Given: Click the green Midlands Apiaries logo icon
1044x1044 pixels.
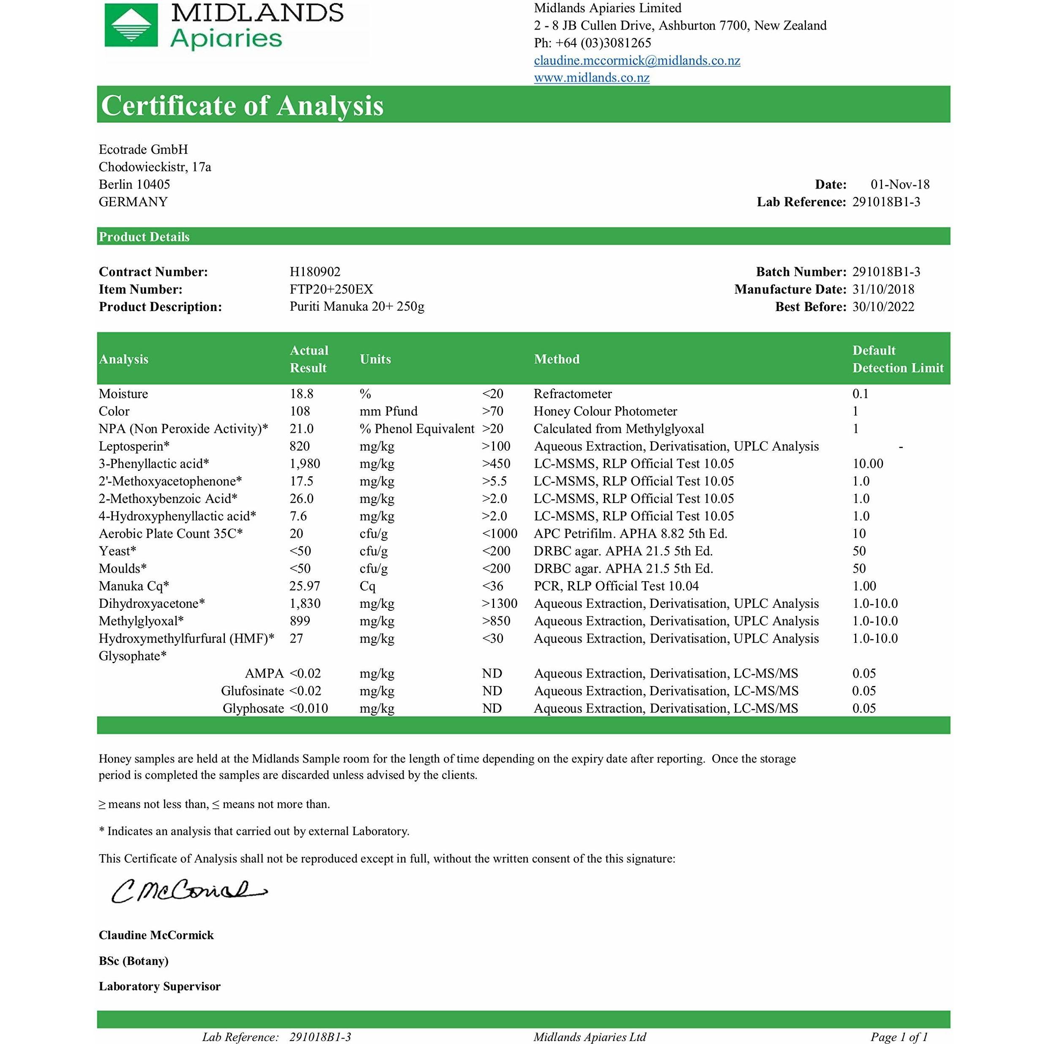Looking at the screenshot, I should click(x=131, y=25).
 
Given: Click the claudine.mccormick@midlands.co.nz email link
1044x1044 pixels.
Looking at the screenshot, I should click(x=637, y=60).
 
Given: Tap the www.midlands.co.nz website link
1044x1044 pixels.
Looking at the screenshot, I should click(x=591, y=78).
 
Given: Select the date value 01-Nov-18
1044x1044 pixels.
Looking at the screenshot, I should click(x=900, y=185).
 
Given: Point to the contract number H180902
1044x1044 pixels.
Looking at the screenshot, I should click(x=315, y=272).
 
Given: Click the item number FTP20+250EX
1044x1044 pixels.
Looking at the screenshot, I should click(x=331, y=290).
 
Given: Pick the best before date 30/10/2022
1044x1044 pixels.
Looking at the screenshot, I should click(x=883, y=307).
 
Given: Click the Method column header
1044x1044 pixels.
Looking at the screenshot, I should click(x=557, y=359).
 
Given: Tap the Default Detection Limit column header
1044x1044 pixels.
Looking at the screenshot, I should click(x=898, y=359).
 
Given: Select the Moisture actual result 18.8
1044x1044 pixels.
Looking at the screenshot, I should click(x=301, y=394).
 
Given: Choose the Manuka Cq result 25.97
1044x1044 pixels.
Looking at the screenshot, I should click(x=305, y=586).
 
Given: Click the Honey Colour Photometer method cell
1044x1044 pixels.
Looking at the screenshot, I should click(x=605, y=412).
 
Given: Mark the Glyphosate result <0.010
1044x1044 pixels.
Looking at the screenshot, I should click(x=309, y=708).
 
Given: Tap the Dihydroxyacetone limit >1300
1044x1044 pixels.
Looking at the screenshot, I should click(x=499, y=604).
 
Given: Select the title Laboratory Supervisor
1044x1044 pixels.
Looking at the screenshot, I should click(x=159, y=987).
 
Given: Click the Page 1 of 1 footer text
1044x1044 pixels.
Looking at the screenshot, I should click(x=899, y=1037).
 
